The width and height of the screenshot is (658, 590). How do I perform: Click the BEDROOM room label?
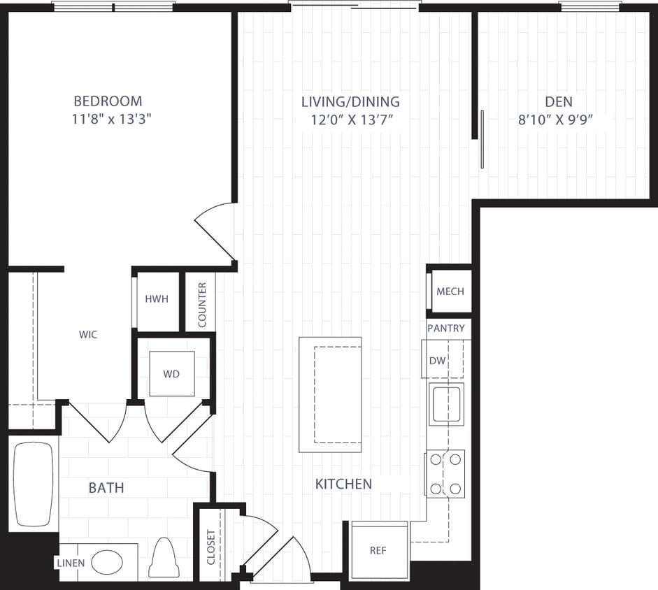coord(108,101)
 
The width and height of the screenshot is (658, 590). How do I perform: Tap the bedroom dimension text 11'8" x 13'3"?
coord(112,119)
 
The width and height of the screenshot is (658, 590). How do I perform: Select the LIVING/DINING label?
coord(350,102)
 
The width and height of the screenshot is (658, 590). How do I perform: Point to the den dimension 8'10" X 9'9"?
coord(555,120)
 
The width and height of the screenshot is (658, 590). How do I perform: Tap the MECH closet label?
coord(450,291)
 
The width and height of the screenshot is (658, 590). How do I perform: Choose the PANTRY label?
coord(445,328)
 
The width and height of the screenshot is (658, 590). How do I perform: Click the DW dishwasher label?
coord(436,361)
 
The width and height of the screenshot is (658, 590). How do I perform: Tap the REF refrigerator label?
coord(378,550)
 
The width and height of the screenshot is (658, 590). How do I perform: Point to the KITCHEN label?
coord(343,484)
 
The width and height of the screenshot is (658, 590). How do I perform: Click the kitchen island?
coord(330,394)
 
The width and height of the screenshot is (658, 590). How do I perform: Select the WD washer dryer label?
coord(171,374)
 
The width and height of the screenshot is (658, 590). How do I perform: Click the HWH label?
coord(157,299)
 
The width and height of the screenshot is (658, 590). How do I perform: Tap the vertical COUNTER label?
coord(202,305)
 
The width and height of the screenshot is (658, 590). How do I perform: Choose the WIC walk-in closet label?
coord(88,335)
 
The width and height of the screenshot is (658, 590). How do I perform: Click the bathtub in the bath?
coord(34,484)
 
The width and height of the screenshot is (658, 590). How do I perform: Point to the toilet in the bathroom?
coord(164,558)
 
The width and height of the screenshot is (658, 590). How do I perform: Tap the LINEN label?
coord(71,563)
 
